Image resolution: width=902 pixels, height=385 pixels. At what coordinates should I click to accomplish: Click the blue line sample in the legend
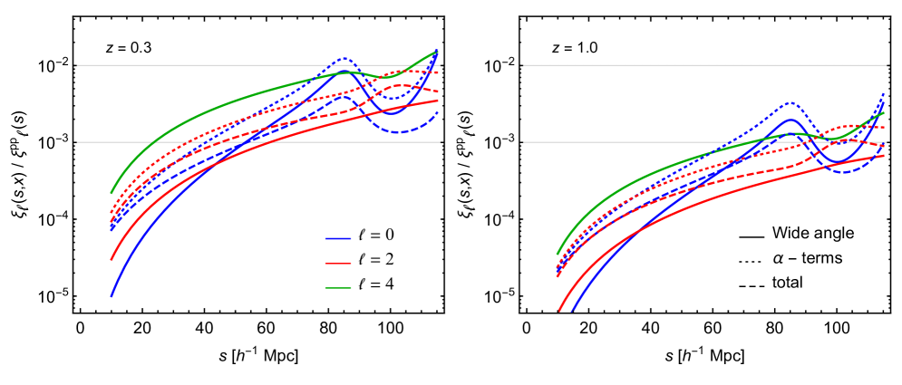pyautogui.click(x=338, y=239)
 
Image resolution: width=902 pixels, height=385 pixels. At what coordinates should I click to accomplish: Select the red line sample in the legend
pyautogui.click(x=338, y=264)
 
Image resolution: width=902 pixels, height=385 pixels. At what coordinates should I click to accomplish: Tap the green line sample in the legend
pyautogui.click(x=338, y=288)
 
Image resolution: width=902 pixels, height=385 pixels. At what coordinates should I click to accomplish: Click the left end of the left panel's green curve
pyautogui.click(x=112, y=192)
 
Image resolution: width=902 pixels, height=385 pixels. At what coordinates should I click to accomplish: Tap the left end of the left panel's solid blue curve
pyautogui.click(x=112, y=296)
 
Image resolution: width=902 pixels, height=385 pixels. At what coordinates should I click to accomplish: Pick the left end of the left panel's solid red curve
pyautogui.click(x=112, y=259)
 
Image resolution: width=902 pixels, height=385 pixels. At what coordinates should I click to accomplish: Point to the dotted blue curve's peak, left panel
pyautogui.click(x=344, y=59)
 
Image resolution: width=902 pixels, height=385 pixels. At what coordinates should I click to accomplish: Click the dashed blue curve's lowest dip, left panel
pyautogui.click(x=399, y=132)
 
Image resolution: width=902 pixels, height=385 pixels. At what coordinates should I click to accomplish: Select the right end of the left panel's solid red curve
pyautogui.click(x=440, y=101)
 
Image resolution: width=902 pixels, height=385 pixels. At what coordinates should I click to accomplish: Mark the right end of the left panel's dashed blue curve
pyautogui.click(x=439, y=111)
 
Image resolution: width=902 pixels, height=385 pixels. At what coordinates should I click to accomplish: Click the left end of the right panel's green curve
pyautogui.click(x=557, y=254)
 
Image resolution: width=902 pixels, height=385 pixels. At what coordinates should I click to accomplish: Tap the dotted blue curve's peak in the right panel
pyautogui.click(x=790, y=102)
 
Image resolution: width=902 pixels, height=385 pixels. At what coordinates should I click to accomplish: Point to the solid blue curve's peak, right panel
pyautogui.click(x=790, y=120)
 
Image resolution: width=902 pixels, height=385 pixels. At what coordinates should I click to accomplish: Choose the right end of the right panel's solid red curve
pyautogui.click(x=885, y=155)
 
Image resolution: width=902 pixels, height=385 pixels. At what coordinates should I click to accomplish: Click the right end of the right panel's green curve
pyautogui.click(x=884, y=112)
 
